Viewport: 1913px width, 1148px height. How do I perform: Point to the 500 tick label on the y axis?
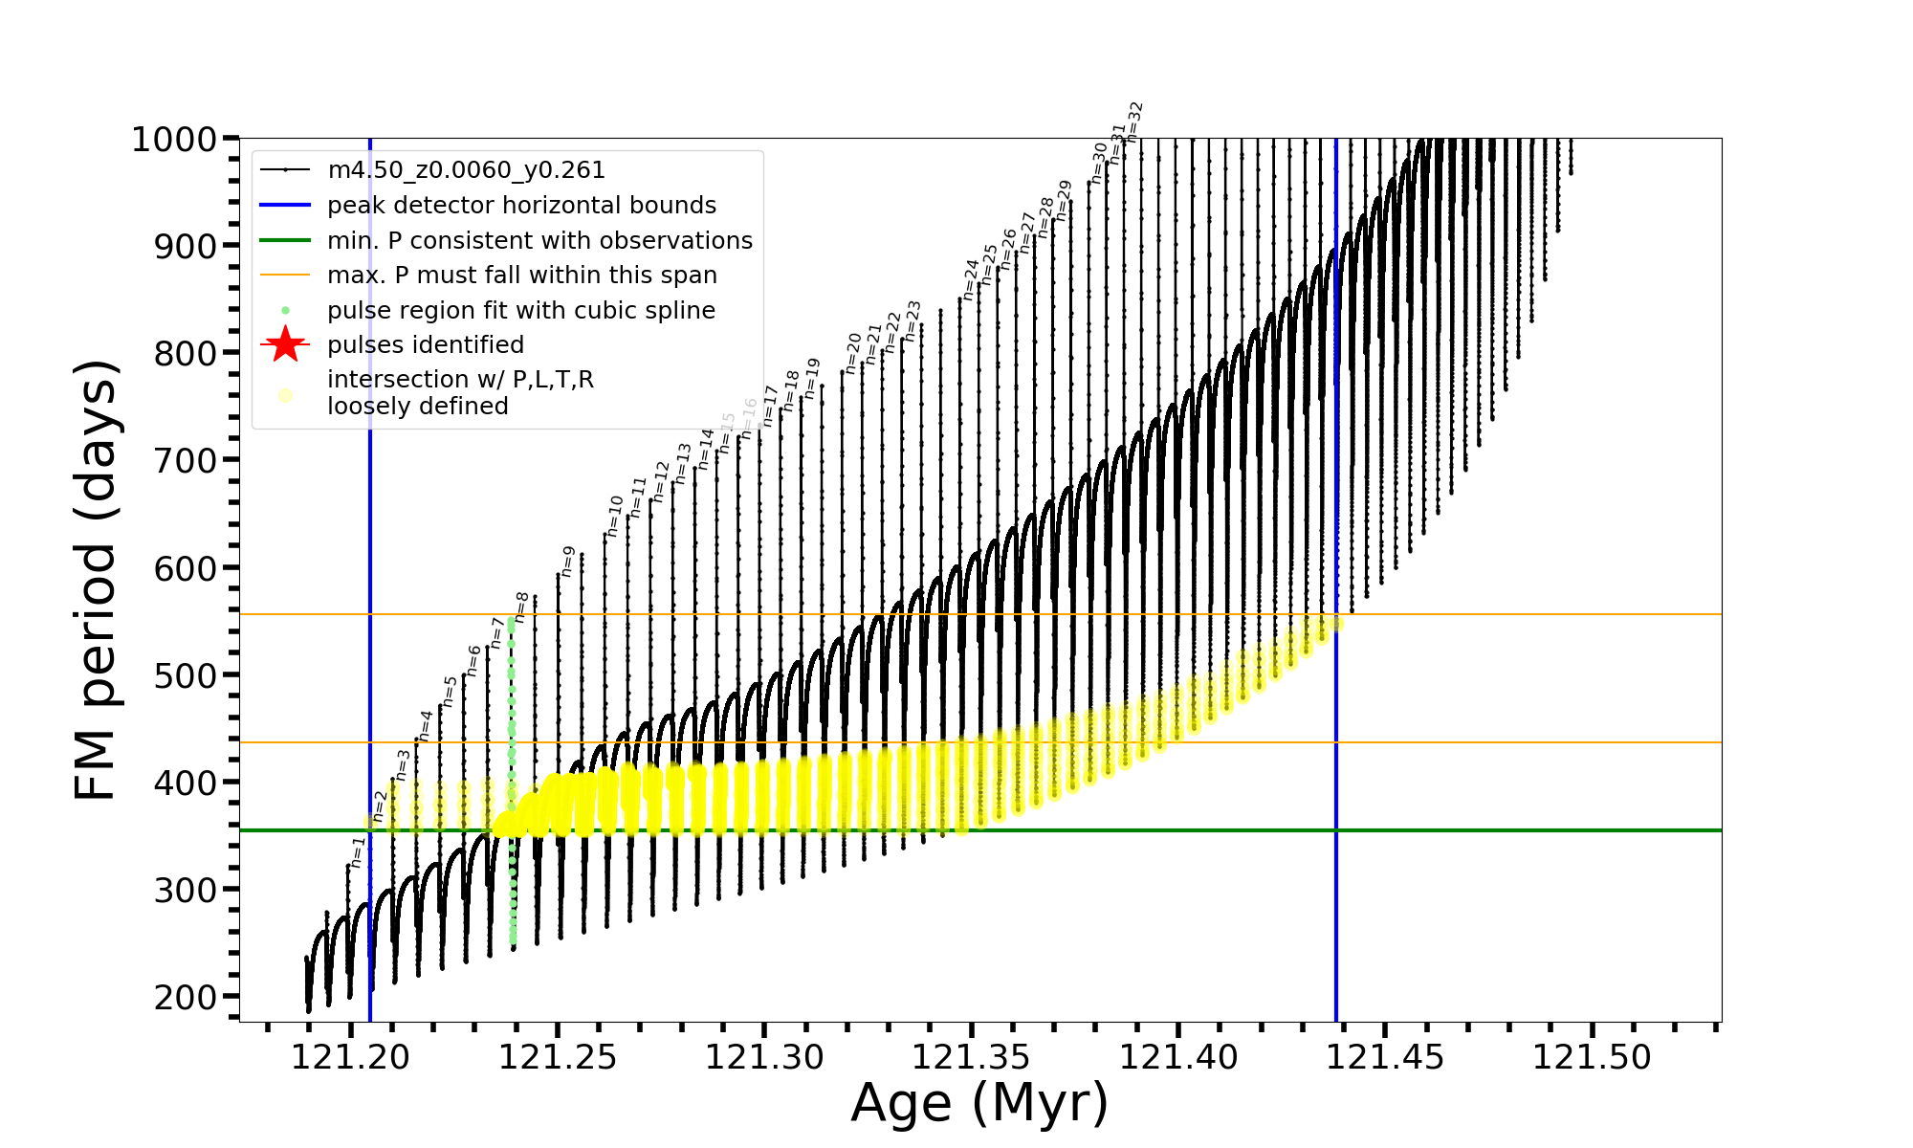[186, 675]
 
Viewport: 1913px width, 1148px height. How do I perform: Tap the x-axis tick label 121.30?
[764, 1057]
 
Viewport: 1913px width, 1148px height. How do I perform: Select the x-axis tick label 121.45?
[1385, 1057]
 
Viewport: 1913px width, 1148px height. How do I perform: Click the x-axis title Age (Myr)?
[979, 1103]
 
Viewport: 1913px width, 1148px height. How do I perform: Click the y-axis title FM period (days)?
[96, 580]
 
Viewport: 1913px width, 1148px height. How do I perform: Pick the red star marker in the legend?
[285, 344]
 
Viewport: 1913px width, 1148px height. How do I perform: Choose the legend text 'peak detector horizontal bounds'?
[521, 206]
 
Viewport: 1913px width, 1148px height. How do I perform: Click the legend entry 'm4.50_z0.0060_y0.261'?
[466, 170]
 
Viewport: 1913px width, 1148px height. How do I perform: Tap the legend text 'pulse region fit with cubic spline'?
[520, 311]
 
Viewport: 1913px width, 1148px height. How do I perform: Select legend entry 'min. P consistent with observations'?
[539, 241]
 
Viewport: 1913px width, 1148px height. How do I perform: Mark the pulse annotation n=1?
[357, 853]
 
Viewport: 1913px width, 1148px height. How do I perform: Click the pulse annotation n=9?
[568, 562]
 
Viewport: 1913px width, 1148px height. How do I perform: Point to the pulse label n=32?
[1134, 121]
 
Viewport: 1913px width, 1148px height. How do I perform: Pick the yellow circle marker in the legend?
[285, 394]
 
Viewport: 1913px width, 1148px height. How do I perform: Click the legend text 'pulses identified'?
[425, 345]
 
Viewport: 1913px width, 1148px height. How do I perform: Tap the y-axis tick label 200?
[186, 997]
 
